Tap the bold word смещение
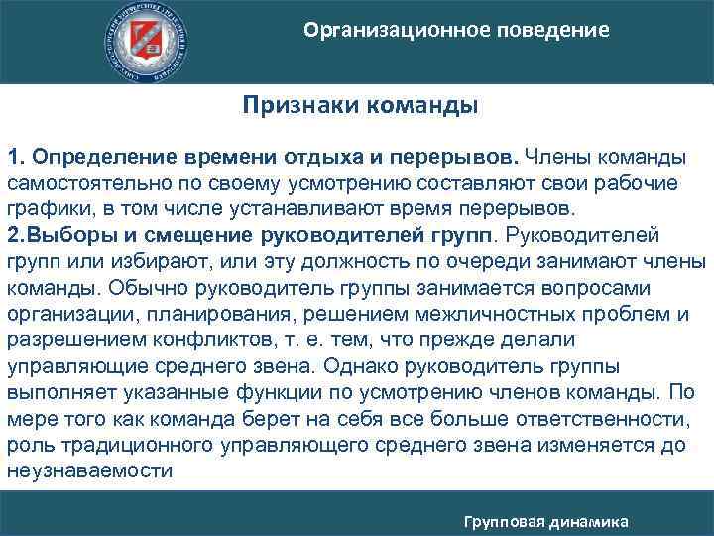192,236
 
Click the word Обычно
143,288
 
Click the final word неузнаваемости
89,469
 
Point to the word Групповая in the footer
507,521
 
